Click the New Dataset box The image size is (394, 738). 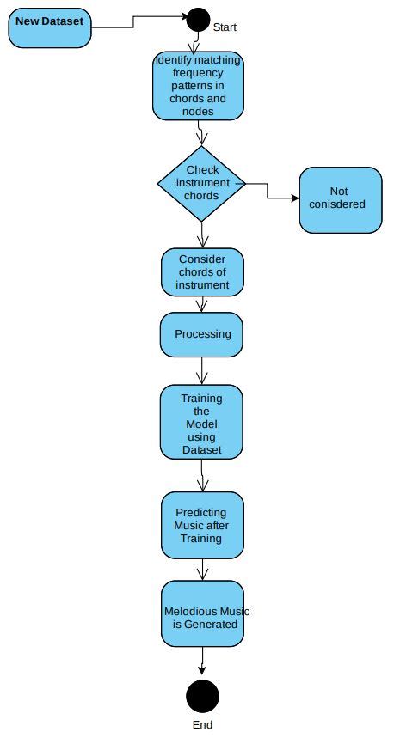(49, 27)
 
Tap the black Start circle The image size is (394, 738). (199, 19)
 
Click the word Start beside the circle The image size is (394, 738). (225, 27)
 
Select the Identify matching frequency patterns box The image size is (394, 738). (198, 86)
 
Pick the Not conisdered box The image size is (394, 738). (340, 199)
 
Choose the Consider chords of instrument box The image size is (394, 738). (203, 272)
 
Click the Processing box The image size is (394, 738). (202, 334)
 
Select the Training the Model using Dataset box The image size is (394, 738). (201, 423)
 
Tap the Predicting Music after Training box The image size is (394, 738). (202, 525)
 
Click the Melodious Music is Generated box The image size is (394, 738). (202, 614)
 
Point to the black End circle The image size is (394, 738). (202, 695)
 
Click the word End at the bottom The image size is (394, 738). (202, 725)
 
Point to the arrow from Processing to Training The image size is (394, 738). (202, 370)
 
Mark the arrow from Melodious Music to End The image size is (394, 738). (202, 662)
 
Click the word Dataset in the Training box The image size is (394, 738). (201, 449)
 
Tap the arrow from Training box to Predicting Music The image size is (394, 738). (202, 476)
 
